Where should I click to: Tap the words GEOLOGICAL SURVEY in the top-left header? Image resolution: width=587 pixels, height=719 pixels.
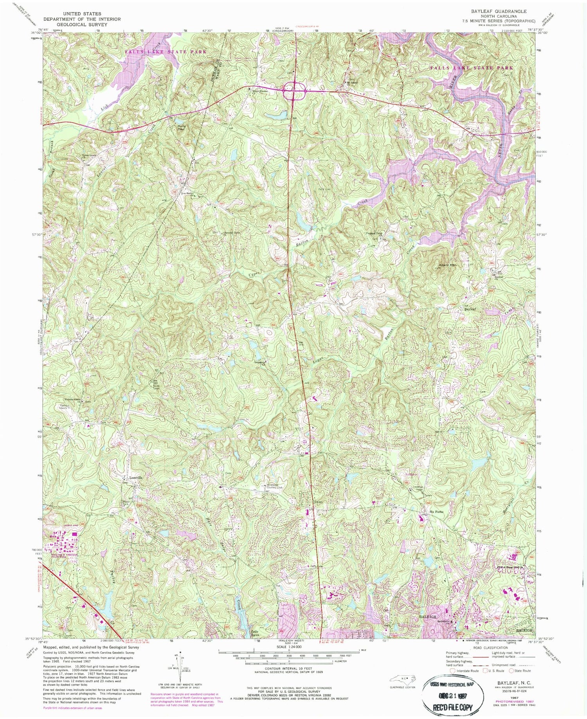(x=82, y=23)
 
